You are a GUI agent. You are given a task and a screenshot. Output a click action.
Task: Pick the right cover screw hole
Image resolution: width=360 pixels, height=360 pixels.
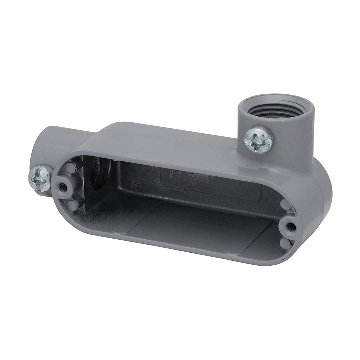point(291,227)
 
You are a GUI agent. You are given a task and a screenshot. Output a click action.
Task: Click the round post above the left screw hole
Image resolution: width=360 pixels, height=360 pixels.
point(71,167)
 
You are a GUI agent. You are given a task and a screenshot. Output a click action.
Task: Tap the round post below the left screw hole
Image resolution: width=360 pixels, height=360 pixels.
point(72,206)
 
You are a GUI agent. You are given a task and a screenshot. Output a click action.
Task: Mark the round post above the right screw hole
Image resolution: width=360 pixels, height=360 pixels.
point(285,206)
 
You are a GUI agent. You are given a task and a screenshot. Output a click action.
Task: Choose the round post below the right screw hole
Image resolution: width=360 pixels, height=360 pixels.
point(285,244)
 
